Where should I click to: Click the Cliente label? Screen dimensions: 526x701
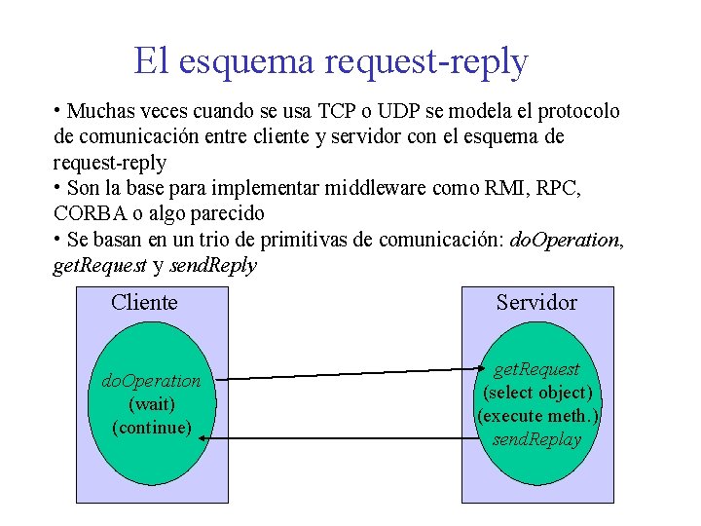[x=144, y=302]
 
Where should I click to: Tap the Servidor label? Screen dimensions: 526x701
[x=536, y=303]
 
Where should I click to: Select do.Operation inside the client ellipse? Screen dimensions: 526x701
[x=151, y=381]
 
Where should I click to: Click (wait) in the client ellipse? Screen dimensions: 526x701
[x=151, y=403]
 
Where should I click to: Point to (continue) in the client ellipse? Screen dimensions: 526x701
[x=151, y=427]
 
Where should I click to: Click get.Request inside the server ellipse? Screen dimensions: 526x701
[x=536, y=369]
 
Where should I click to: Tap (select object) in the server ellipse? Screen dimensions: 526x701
[x=536, y=393]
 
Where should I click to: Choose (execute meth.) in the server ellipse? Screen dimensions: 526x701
[x=536, y=416]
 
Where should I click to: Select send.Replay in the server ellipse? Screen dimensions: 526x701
[x=536, y=439]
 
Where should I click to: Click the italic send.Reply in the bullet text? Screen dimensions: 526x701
[x=213, y=265]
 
